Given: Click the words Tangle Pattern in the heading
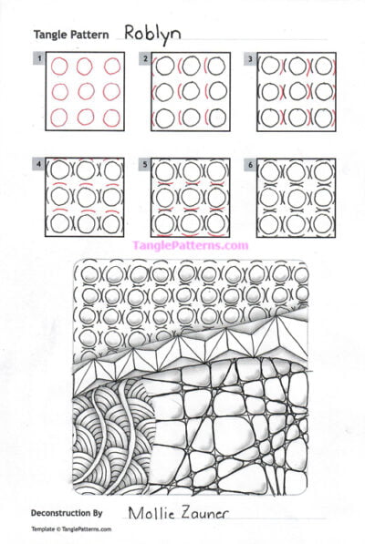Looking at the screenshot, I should point(71,35).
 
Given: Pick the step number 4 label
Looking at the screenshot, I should point(39,164).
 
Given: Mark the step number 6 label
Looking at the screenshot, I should point(251,164).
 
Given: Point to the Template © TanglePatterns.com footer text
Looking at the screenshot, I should point(71,529).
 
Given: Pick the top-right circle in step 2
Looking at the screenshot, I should point(216,67).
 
